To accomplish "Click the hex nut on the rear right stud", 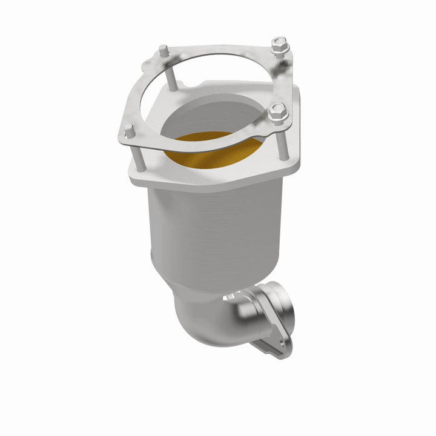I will click(x=279, y=45).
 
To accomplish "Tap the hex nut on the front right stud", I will click(x=277, y=112).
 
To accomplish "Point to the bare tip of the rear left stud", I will click(x=163, y=48).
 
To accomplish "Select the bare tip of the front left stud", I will click(x=128, y=129).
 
